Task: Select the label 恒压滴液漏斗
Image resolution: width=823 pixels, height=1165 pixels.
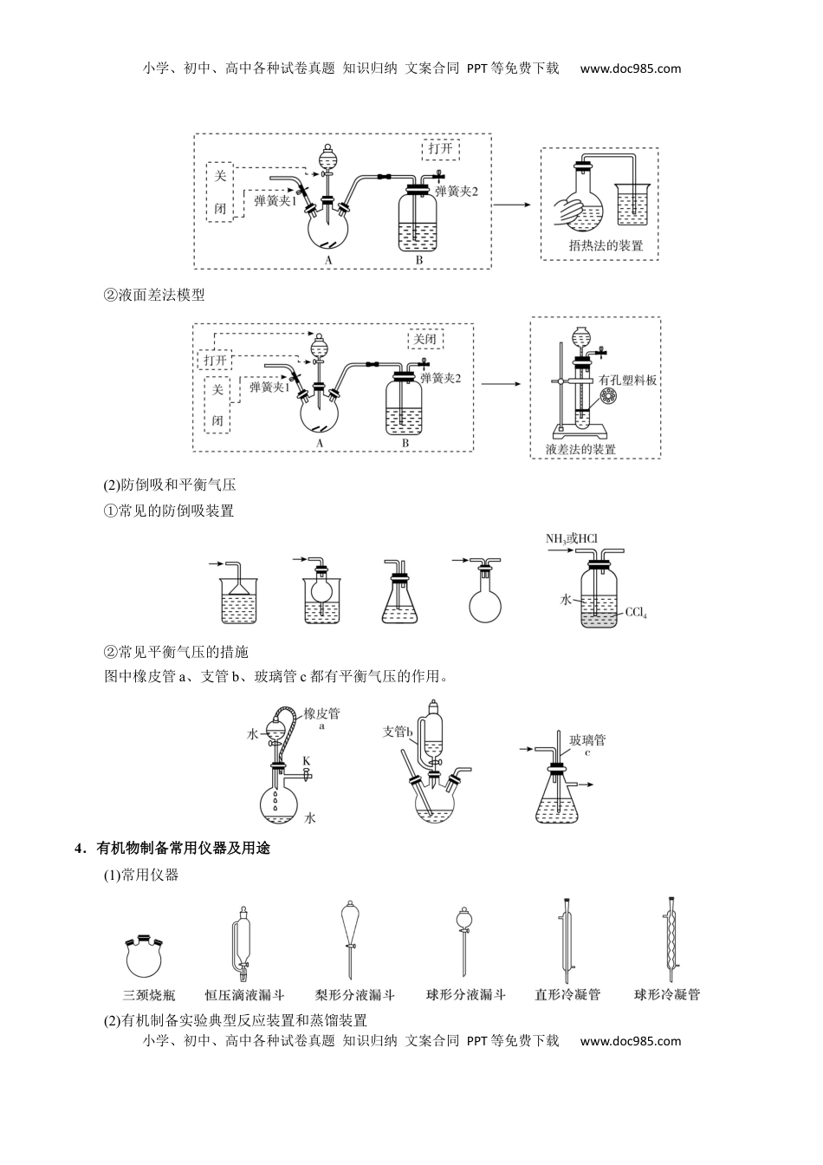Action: (244, 995)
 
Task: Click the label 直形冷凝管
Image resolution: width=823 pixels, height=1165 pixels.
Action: (567, 995)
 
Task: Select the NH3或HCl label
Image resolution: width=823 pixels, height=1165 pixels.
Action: (572, 539)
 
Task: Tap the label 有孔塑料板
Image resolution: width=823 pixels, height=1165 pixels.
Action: (627, 381)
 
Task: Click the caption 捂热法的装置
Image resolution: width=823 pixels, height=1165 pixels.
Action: (606, 245)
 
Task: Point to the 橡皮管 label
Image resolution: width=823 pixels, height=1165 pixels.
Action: (321, 714)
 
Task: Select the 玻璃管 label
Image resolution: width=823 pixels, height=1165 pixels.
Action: (587, 739)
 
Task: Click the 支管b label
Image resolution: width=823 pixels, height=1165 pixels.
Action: (399, 732)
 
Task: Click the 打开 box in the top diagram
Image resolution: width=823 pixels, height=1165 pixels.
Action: (440, 148)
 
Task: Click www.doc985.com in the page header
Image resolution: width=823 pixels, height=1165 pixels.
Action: (630, 69)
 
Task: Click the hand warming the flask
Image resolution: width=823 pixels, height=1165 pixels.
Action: (567, 211)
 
